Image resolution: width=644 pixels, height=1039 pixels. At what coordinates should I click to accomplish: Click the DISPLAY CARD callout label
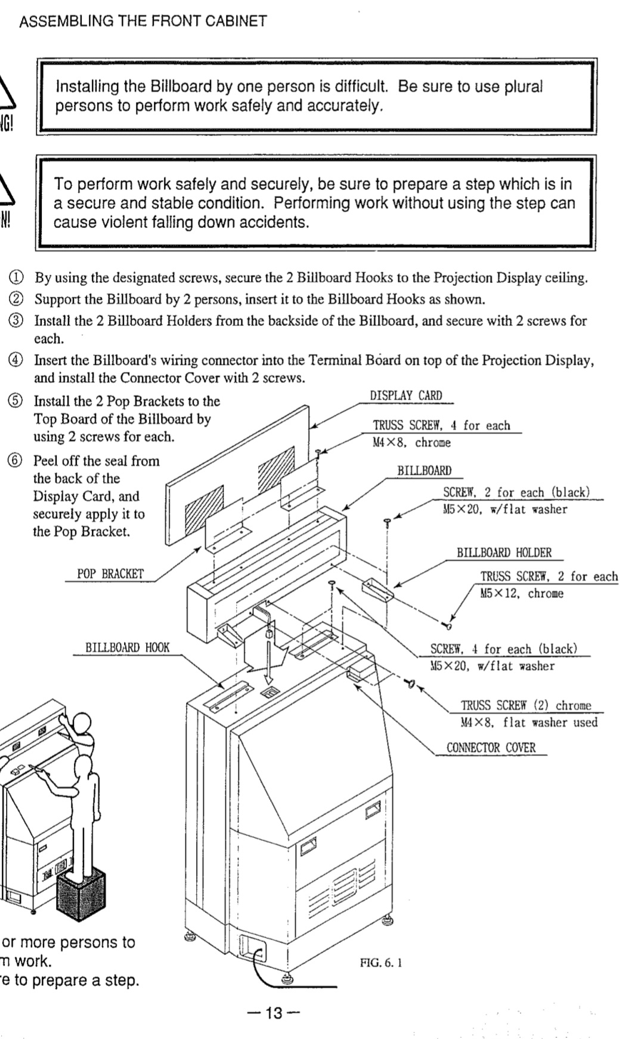(x=405, y=396)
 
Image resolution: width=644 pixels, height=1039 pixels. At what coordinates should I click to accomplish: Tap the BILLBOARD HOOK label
(x=127, y=648)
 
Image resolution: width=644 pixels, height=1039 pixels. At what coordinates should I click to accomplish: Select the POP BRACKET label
(x=110, y=574)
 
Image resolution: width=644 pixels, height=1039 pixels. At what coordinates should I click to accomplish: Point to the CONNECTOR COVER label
(x=491, y=748)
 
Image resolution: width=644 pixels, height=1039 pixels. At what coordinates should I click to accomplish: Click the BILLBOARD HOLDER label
(x=504, y=553)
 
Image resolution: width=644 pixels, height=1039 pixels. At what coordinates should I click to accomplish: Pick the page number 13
(x=274, y=1013)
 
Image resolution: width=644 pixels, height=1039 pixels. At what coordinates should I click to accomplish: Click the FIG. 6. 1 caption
(x=381, y=963)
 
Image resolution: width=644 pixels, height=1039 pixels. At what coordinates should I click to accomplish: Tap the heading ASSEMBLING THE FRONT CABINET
(x=143, y=21)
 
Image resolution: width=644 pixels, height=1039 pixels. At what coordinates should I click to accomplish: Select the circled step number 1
(x=16, y=278)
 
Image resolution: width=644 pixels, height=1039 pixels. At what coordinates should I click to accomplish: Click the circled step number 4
(x=16, y=360)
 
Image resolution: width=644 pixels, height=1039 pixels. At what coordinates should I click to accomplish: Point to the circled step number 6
(x=16, y=461)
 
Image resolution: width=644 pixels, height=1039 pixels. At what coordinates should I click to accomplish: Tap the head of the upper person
(x=82, y=724)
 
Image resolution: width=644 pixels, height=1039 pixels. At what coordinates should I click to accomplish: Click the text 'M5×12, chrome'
(x=522, y=594)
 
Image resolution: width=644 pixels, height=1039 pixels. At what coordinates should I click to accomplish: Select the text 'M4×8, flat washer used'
(x=529, y=723)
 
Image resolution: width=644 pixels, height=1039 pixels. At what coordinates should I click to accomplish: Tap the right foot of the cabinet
(x=391, y=919)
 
